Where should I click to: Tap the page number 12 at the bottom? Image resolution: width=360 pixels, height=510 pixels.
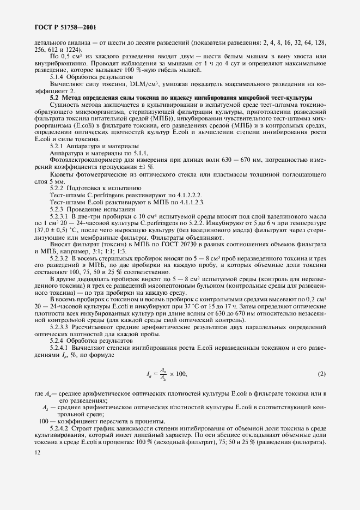[x=36, y=452]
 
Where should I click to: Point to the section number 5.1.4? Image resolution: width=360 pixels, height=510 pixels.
[x=59, y=77]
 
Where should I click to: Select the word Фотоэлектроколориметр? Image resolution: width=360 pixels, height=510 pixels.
[x=82, y=160]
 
